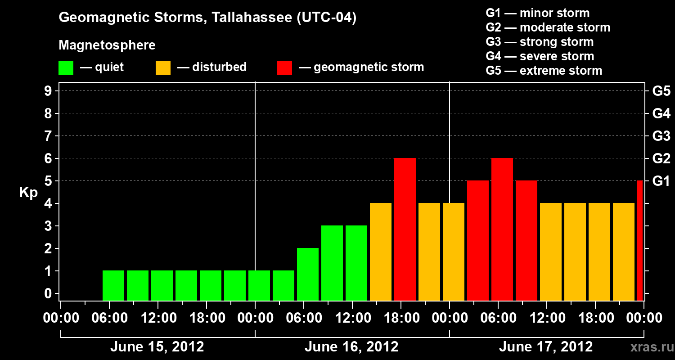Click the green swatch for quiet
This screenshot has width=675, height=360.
66,67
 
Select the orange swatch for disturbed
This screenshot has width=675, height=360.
163,67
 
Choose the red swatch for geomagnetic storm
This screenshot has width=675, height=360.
285,67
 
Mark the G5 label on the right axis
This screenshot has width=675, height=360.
661,91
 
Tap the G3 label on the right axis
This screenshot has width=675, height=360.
661,136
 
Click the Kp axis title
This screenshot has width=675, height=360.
28,193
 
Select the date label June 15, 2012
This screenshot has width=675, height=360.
157,347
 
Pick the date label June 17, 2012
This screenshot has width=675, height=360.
546,347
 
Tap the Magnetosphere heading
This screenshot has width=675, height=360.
107,45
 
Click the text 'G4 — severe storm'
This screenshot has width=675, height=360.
540,56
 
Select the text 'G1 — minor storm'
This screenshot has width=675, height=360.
538,13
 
